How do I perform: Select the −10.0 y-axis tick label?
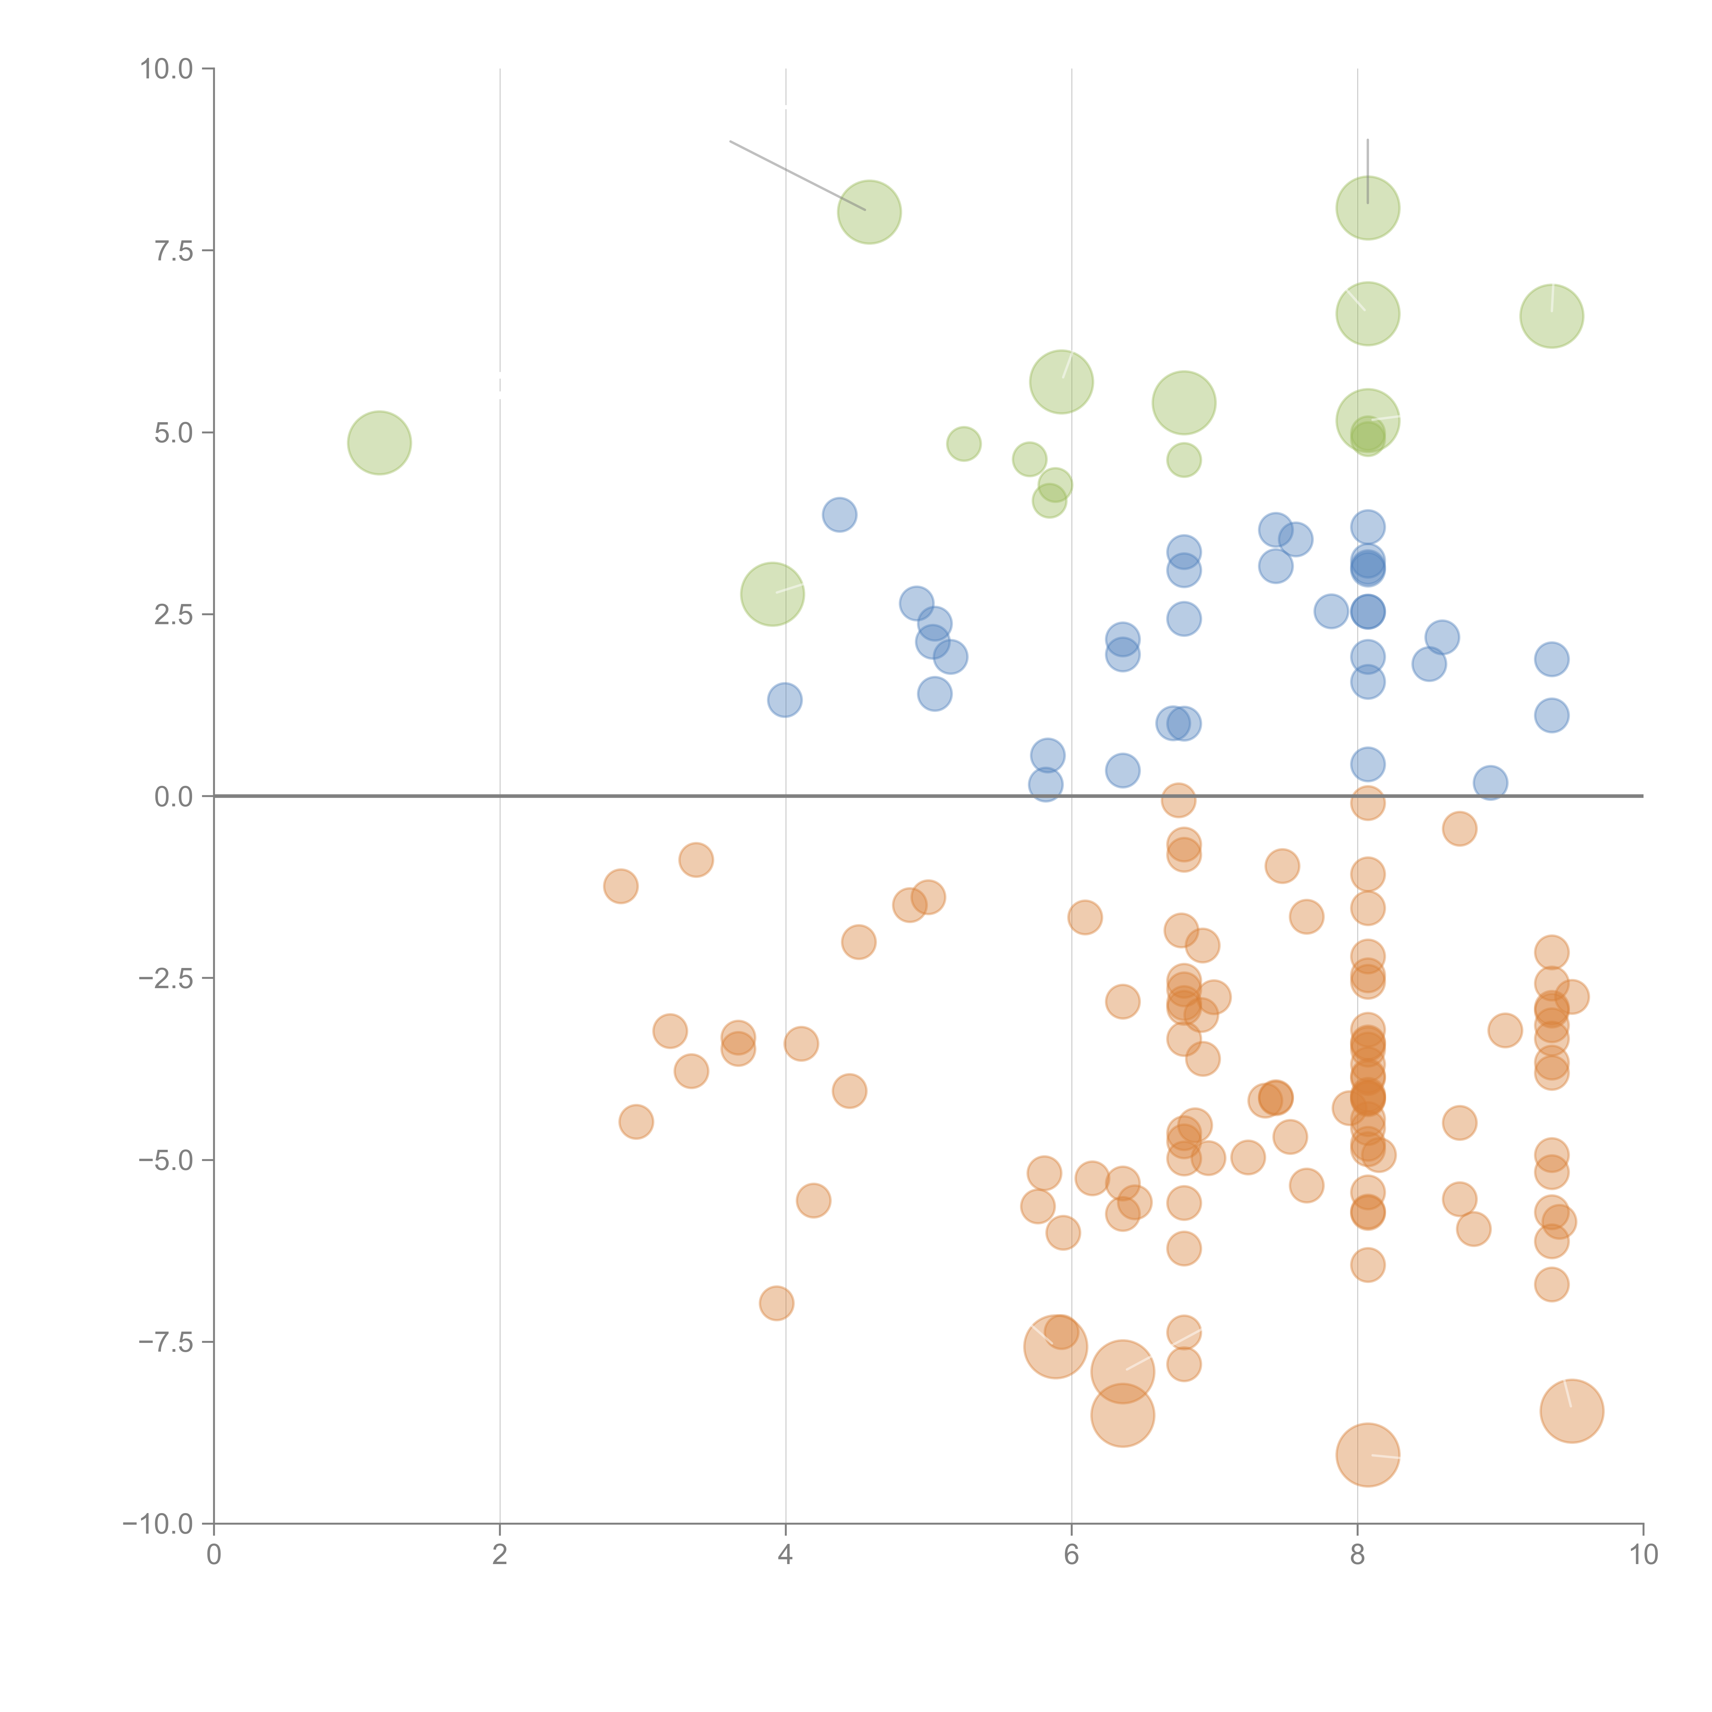click(x=158, y=1524)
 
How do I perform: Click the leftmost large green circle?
click(x=379, y=443)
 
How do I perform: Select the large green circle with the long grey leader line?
click(x=869, y=212)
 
